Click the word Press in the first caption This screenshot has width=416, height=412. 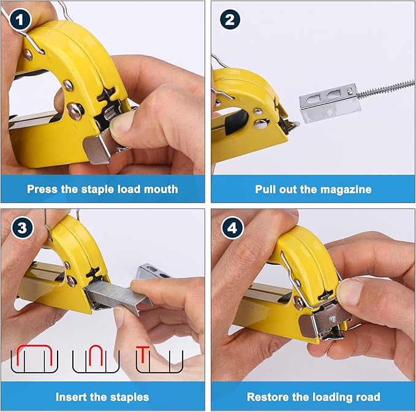(42, 189)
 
